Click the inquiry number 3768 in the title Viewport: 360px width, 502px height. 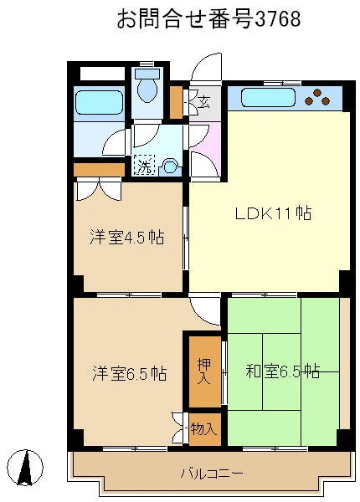[277, 18]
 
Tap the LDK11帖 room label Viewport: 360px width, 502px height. [273, 213]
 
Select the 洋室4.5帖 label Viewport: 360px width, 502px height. [127, 238]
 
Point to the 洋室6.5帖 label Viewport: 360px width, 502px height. [130, 373]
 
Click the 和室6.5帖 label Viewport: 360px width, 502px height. [283, 371]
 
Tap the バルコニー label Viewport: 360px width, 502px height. [212, 473]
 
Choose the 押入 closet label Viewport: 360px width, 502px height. [204, 371]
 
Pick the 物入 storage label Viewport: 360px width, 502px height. [204, 428]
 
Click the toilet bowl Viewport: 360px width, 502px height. [147, 85]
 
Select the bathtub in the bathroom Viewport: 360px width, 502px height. [100, 102]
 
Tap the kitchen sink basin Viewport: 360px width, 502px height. [268, 98]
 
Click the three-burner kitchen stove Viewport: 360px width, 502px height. [317, 97]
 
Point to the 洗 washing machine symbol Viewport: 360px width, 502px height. [145, 165]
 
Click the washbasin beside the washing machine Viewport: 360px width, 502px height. [170, 167]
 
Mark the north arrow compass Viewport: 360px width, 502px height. [25, 467]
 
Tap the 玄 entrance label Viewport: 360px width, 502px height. [203, 102]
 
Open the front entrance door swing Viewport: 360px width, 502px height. [206, 68]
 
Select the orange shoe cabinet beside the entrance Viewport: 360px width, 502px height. [176, 102]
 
